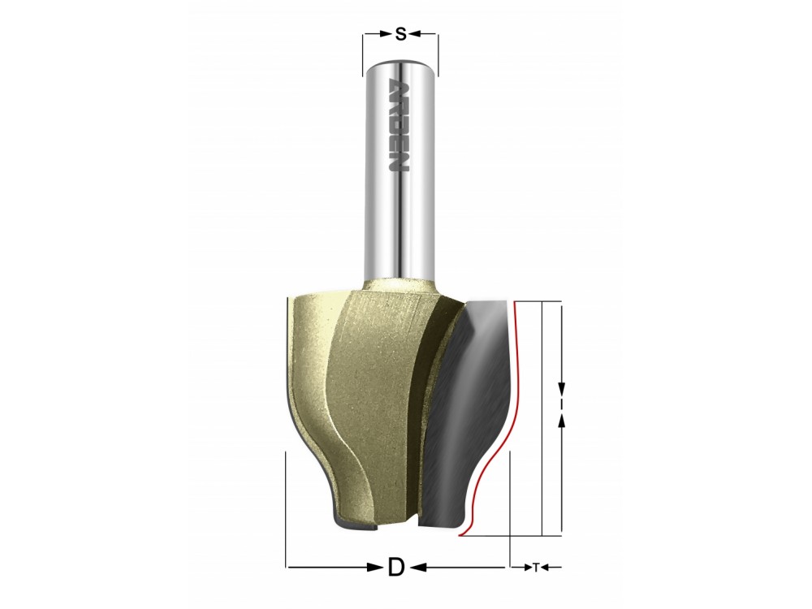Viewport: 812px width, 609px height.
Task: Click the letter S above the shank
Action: [x=400, y=34]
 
